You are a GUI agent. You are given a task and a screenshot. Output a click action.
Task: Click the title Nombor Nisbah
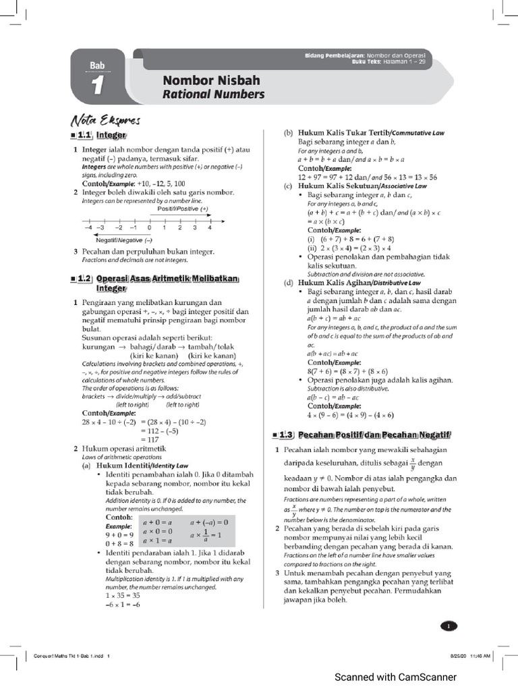click(x=211, y=80)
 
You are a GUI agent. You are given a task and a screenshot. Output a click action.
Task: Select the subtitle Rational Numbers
click(x=214, y=94)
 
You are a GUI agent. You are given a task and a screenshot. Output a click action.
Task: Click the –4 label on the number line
click(x=88, y=228)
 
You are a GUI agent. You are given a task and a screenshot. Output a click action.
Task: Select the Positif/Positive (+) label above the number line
click(x=183, y=209)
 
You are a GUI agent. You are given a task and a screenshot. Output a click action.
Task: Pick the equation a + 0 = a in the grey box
click(x=159, y=522)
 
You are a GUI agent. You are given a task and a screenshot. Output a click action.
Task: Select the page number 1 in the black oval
click(x=448, y=626)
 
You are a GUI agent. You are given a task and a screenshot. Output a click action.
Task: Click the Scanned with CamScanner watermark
click(x=396, y=677)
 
